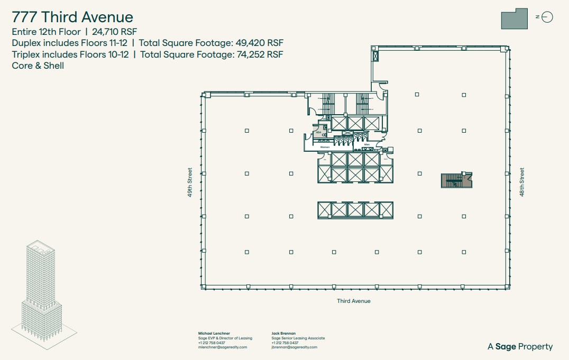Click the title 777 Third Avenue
(72, 17)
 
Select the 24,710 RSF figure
(114, 32)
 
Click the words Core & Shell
(38, 66)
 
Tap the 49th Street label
(189, 182)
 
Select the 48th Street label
(522, 182)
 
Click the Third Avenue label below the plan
(354, 301)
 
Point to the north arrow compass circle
(547, 17)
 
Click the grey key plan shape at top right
(514, 19)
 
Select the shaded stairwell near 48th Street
(456, 180)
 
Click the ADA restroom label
(319, 133)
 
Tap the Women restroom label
(325, 147)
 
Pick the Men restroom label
(366, 144)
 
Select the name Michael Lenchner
(214, 334)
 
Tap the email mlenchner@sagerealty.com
(222, 347)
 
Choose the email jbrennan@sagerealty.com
(294, 347)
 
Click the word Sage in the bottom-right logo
(506, 347)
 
